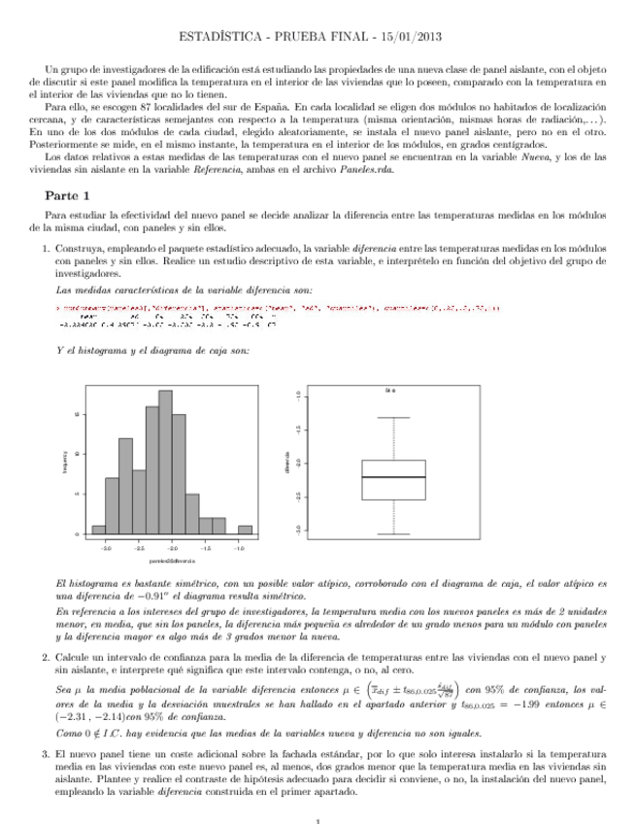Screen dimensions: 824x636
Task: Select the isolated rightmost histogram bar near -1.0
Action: pyautogui.click(x=246, y=530)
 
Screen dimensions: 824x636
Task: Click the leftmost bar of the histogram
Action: pyautogui.click(x=98, y=530)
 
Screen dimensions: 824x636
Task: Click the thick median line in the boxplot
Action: pyautogui.click(x=393, y=477)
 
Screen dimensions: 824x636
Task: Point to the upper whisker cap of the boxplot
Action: pyautogui.click(x=393, y=418)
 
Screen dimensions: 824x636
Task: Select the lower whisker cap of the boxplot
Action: pyautogui.click(x=393, y=534)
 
